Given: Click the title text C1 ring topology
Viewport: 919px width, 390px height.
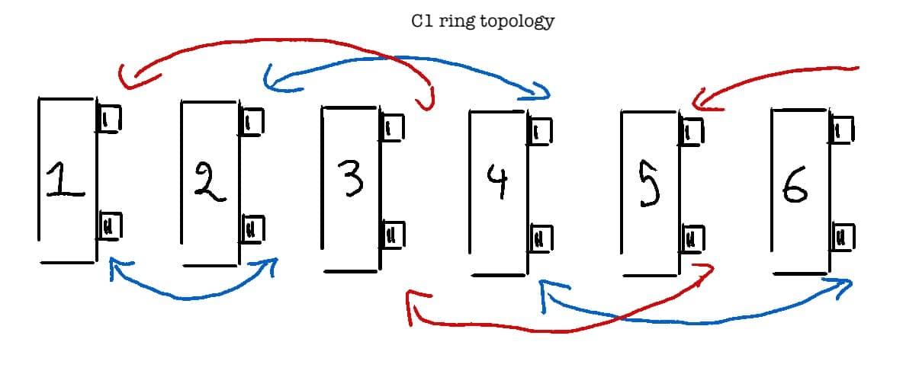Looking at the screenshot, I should pyautogui.click(x=483, y=21).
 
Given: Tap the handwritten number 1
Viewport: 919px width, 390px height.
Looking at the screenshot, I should pyautogui.click(x=64, y=181).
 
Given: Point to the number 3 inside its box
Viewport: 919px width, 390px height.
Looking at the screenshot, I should pyautogui.click(x=351, y=178).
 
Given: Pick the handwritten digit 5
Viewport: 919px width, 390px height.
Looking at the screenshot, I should pyautogui.click(x=647, y=186).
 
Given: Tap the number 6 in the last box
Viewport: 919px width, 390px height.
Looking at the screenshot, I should pyautogui.click(x=795, y=186).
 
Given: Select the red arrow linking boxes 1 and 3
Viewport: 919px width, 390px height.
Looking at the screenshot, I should pyautogui.click(x=267, y=42).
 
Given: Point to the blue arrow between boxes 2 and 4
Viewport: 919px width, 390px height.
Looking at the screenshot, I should pyautogui.click(x=404, y=59).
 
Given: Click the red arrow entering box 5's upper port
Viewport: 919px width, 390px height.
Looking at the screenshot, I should pyautogui.click(x=778, y=76).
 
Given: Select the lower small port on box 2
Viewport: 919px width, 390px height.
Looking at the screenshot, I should pyautogui.click(x=252, y=228).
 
